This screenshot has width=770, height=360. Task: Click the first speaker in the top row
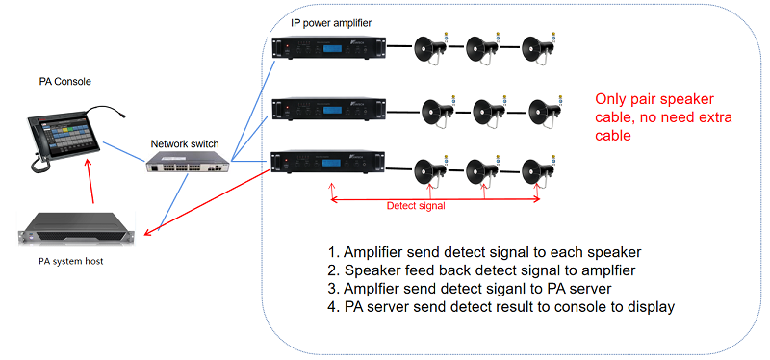[x=427, y=49]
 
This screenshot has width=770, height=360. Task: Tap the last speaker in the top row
[x=536, y=49]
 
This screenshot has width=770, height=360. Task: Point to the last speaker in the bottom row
[x=536, y=173]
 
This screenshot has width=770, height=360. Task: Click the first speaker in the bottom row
[x=427, y=173]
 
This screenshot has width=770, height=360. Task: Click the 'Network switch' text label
[x=189, y=143]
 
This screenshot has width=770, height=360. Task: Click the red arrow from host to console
[x=90, y=188]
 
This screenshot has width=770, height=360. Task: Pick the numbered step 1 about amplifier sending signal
[x=470, y=253]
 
